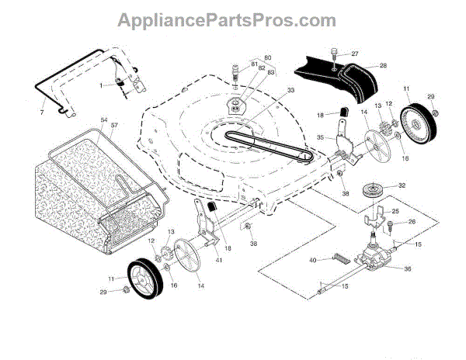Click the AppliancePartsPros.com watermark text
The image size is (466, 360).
click(232, 19)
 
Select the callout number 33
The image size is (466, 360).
click(269, 91)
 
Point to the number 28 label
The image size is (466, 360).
click(383, 67)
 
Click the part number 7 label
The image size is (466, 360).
click(41, 102)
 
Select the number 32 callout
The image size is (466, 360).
click(402, 186)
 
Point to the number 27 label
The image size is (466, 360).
click(355, 54)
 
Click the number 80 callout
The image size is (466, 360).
click(268, 57)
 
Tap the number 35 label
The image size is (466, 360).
click(320, 138)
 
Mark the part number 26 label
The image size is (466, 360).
click(412, 223)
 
